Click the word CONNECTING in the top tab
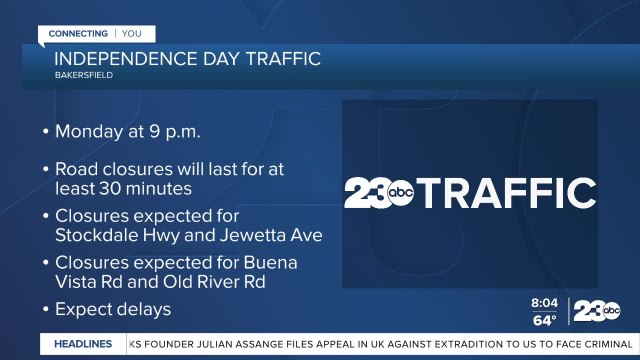tap(78, 33)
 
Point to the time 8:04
tap(545, 302)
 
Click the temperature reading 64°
tap(544, 320)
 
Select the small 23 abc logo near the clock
tap(596, 312)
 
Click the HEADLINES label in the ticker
tap(84, 344)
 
